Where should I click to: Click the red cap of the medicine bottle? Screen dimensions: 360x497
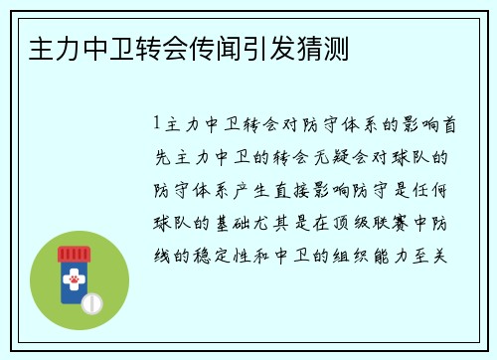73,252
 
